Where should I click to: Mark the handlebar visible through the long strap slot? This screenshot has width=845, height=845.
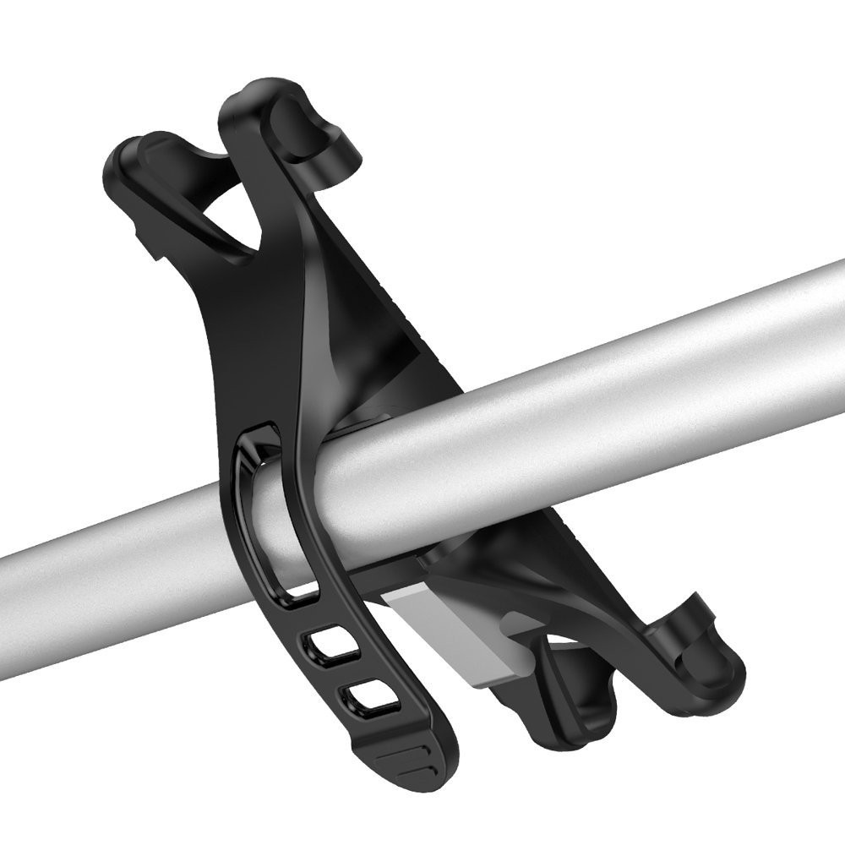(269, 524)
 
